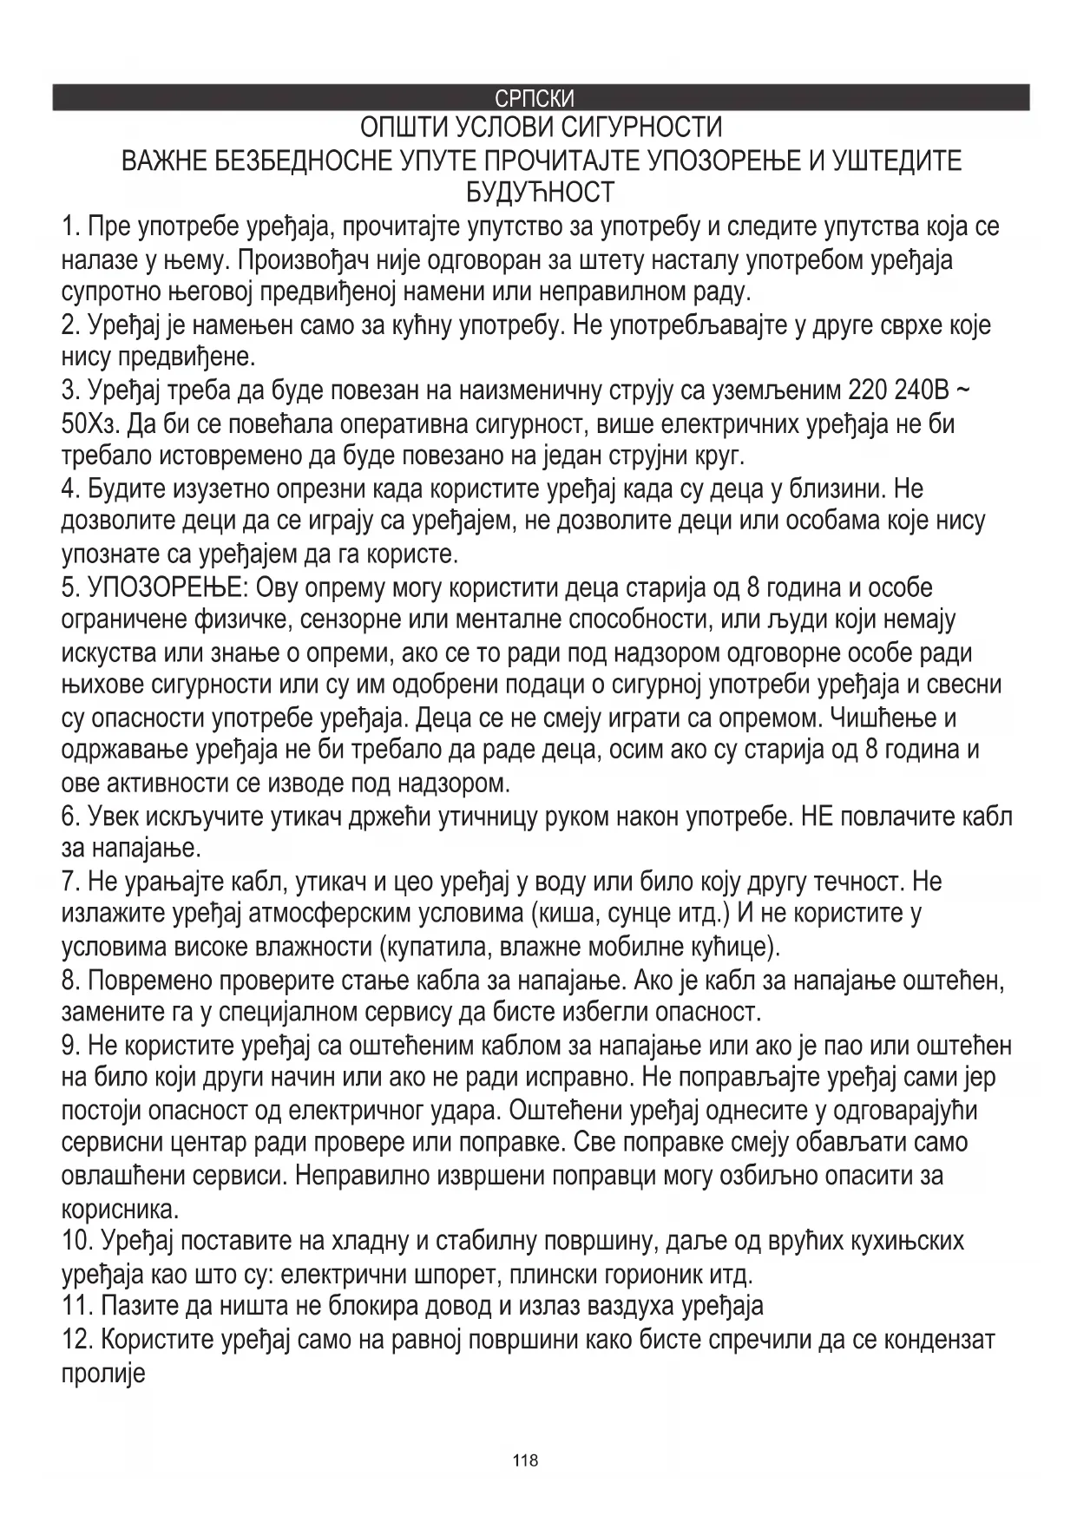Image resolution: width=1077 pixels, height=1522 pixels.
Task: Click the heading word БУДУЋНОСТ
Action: click(540, 192)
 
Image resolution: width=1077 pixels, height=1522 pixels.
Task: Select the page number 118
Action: click(525, 1460)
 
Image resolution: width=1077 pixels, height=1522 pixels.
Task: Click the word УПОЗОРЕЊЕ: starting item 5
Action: click(168, 588)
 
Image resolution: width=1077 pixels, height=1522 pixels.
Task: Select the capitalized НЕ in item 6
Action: click(818, 817)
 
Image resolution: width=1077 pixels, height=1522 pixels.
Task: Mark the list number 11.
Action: click(78, 1307)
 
